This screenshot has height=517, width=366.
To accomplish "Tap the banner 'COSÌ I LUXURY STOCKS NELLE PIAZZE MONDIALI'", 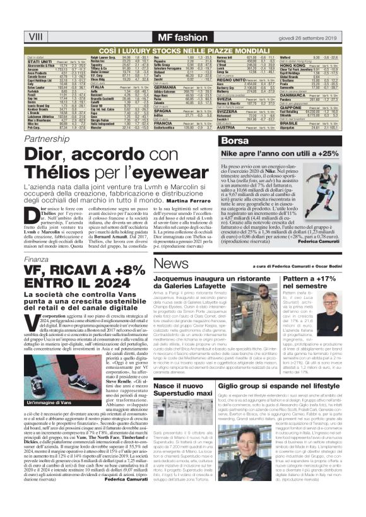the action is [x=183, y=29].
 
